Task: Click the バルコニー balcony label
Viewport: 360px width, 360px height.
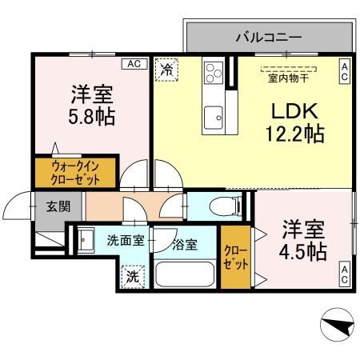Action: click(268, 37)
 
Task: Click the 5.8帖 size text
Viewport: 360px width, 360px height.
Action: click(90, 118)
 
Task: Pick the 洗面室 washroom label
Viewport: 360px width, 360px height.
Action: click(126, 239)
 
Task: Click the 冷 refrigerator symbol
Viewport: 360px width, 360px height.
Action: click(167, 70)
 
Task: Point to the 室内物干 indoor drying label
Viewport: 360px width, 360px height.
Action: click(290, 78)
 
